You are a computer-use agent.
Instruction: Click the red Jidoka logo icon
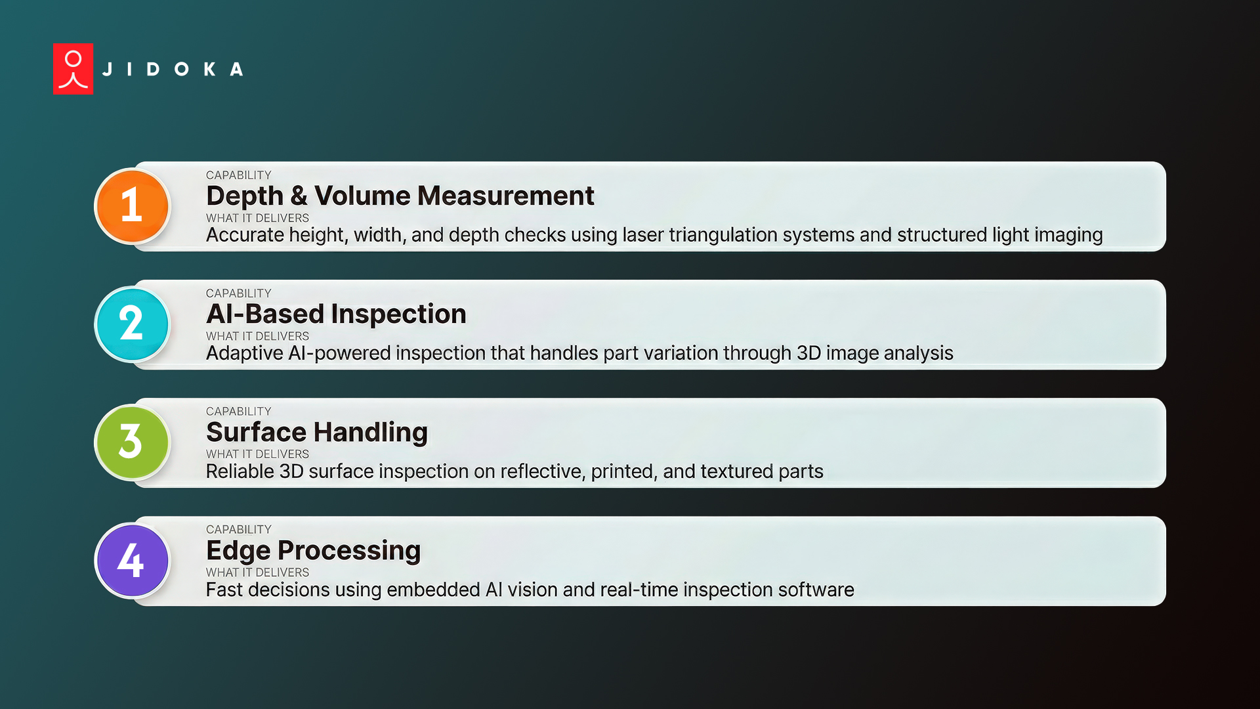[73, 69]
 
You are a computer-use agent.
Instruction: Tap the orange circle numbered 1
[132, 205]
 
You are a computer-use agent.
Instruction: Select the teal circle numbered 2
[132, 324]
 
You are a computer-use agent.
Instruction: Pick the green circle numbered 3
[132, 442]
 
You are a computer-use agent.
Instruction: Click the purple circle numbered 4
[132, 560]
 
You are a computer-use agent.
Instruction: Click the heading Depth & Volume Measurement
[400, 196]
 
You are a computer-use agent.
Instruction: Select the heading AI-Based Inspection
[336, 314]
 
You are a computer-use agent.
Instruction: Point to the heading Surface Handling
[316, 432]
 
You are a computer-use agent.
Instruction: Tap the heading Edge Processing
[313, 550]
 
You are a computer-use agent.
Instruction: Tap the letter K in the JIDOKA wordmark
[209, 70]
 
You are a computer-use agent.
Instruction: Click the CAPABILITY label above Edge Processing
[238, 530]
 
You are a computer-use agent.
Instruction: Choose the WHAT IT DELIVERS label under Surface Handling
[257, 454]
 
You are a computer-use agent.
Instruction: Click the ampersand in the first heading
[299, 196]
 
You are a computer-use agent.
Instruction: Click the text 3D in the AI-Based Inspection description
[808, 353]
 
